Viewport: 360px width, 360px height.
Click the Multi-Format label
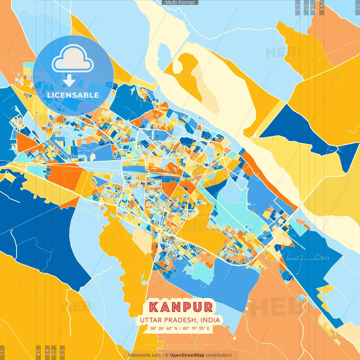tap(180, 3)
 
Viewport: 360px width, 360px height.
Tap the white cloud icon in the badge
tap(73, 60)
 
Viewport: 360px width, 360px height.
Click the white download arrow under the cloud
tap(69, 80)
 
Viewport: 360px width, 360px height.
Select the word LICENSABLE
tap(73, 95)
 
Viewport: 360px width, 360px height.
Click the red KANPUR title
tap(181, 307)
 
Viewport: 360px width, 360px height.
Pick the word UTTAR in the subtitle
tap(151, 320)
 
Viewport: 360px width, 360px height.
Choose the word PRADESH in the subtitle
tap(181, 320)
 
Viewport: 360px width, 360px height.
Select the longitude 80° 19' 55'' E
tap(196, 328)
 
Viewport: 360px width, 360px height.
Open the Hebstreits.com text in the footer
tap(145, 355)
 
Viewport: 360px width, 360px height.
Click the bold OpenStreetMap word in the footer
tap(187, 355)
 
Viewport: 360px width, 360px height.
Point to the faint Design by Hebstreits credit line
tap(180, 348)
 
